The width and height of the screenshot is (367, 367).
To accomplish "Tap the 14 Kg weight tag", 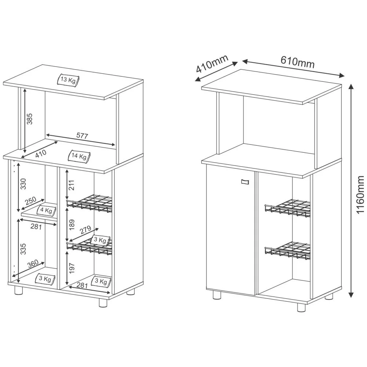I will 79,156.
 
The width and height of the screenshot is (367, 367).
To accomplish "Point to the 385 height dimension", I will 30,118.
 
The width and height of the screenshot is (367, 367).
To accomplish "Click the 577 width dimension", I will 82,136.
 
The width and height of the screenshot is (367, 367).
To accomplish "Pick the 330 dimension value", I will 23,184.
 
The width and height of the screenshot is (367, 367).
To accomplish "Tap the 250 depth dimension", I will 30,201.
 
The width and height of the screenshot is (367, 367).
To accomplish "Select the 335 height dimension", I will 23,248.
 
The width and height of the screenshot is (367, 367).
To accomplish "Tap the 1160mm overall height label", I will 360,195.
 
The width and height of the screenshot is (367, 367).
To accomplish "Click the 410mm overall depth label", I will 212,64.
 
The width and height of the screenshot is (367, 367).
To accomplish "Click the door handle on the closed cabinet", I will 245,181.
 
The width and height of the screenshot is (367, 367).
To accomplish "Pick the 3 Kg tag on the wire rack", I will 99,240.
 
